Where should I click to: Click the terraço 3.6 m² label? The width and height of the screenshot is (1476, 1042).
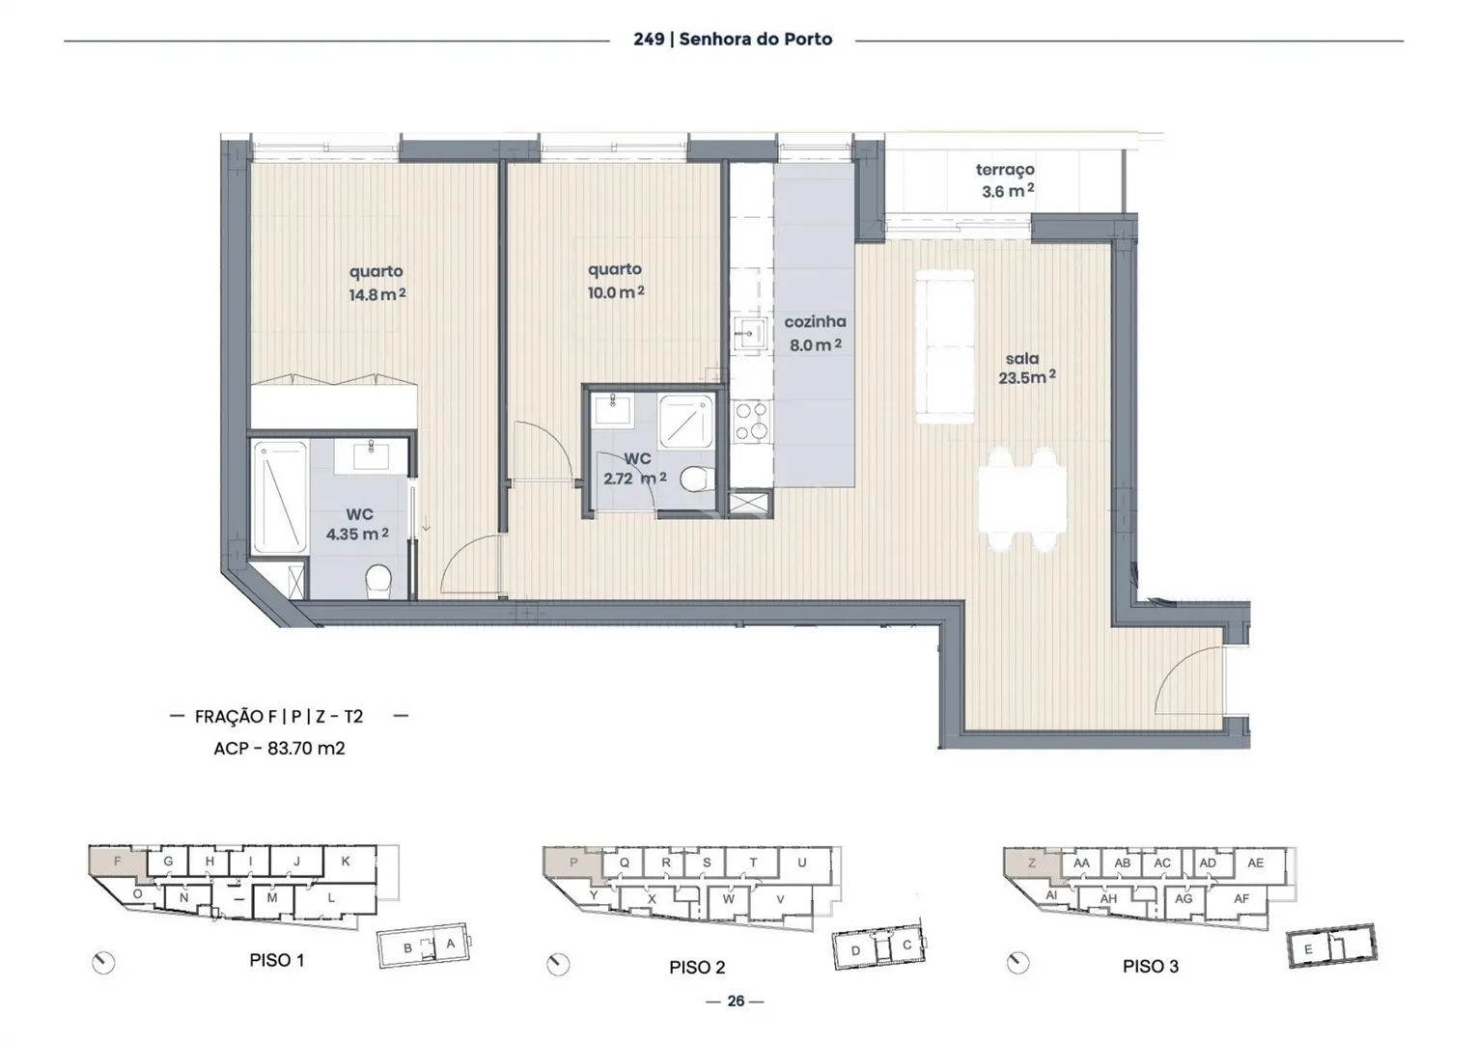tap(1006, 180)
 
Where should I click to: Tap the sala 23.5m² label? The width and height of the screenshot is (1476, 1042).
tap(1026, 369)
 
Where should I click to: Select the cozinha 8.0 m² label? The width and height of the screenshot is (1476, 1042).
tap(815, 333)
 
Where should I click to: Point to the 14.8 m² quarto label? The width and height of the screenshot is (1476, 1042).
tap(376, 283)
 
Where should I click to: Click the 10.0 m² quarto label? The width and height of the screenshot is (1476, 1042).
tap(616, 281)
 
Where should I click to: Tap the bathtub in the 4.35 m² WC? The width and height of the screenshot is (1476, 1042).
tap(280, 498)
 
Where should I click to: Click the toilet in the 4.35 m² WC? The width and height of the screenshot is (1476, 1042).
tap(378, 581)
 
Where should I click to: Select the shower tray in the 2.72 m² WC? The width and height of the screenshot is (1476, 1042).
tap(685, 422)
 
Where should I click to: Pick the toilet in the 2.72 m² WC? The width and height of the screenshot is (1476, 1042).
tap(697, 479)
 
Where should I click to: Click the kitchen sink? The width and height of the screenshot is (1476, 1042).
tap(750, 334)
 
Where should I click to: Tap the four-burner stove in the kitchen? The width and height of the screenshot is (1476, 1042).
tap(751, 422)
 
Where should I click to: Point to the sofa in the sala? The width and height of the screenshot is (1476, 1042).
tap(945, 347)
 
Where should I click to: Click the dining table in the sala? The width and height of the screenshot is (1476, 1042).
tap(1021, 500)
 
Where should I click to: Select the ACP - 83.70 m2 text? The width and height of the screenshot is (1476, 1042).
tap(279, 749)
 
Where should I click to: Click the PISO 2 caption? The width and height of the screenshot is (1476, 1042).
tap(697, 968)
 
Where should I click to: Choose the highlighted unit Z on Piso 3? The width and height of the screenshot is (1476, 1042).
tap(1032, 864)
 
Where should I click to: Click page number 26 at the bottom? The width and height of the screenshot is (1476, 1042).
tap(736, 1001)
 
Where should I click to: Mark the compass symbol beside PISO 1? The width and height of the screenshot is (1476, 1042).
tap(103, 963)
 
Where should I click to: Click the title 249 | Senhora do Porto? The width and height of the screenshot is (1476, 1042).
tap(733, 40)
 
